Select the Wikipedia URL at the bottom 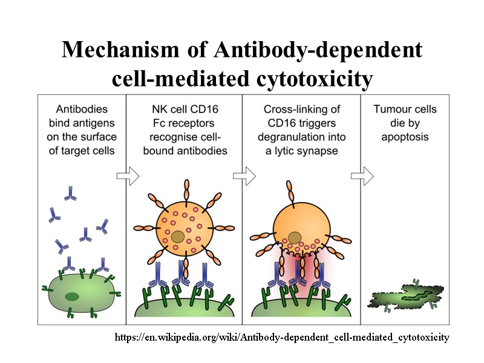(x=282, y=337)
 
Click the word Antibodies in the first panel (x=82, y=110)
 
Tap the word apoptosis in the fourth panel (x=405, y=137)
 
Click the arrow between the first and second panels (x=128, y=177)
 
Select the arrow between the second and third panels (x=244, y=177)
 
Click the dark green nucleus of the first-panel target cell (x=72, y=296)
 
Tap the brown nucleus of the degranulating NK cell (x=295, y=238)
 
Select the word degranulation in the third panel (x=291, y=137)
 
